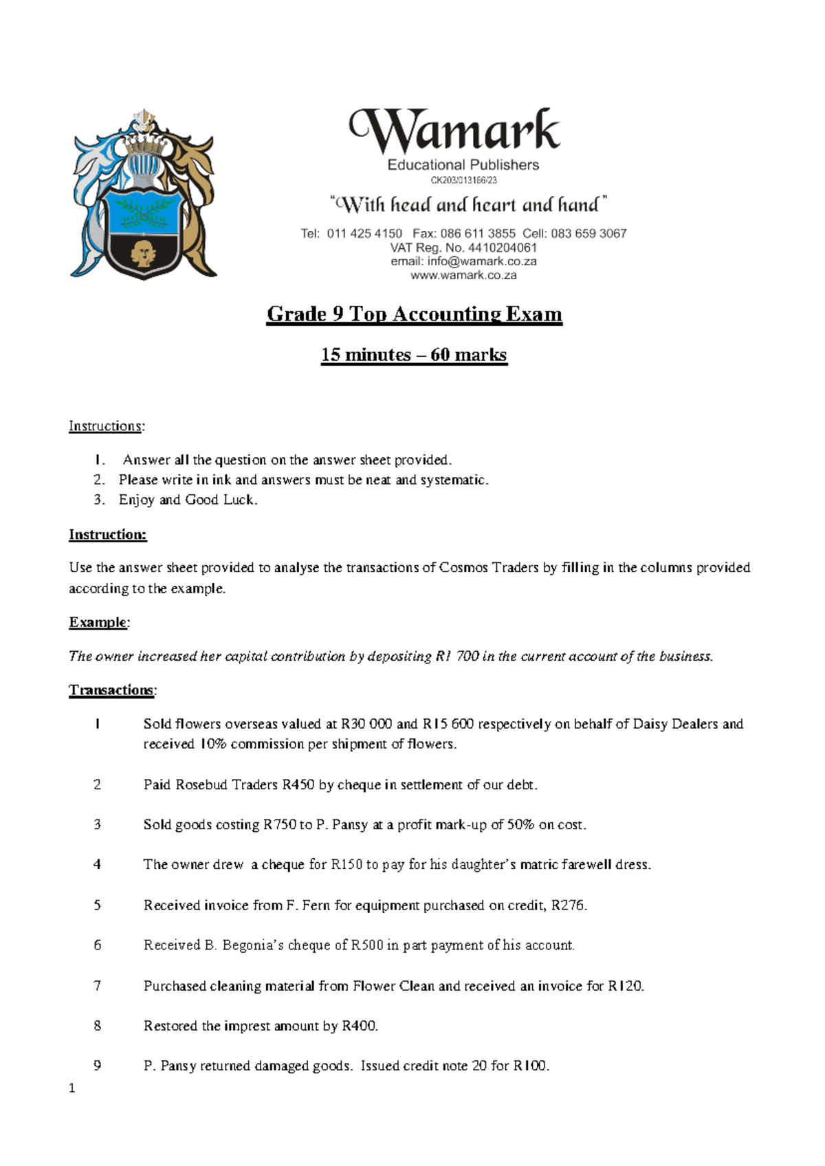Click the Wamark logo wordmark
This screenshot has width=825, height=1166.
(x=455, y=131)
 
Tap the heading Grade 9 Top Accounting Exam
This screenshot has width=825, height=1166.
(x=415, y=314)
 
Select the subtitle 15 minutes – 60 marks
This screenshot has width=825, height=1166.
(x=414, y=355)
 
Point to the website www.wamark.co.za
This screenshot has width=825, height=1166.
(x=463, y=275)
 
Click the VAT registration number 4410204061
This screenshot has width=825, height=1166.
(x=502, y=247)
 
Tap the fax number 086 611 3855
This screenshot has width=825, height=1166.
(x=477, y=234)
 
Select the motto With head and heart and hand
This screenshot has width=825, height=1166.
(x=469, y=205)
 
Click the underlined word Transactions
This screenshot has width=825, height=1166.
(x=111, y=690)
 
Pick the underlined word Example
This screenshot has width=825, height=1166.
(x=98, y=622)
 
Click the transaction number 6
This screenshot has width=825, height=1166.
(x=97, y=945)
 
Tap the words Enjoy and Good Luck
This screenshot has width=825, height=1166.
(x=188, y=500)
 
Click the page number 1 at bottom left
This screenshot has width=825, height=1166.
(x=71, y=1088)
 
